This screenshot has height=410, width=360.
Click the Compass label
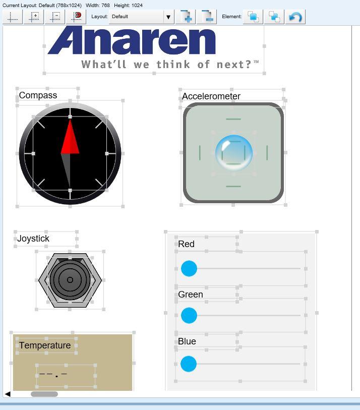pos(38,95)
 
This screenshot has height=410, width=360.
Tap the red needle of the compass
pos(70,137)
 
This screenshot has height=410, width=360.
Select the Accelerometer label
pos(211,96)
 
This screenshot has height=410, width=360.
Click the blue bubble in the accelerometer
pos(234,153)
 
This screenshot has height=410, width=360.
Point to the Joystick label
pos(33,239)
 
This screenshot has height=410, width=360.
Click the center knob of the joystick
pos(70,280)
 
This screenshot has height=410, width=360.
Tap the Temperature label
pos(45,345)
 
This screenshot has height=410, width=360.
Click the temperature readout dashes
pos(53,375)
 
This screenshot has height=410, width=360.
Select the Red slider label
pos(186,244)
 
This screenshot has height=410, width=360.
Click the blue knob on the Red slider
pos(189,268)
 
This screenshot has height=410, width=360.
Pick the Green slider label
pos(190,295)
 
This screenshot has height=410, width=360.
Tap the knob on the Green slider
pos(189,315)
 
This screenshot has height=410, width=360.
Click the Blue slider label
pos(187,341)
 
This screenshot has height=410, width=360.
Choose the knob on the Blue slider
pos(189,364)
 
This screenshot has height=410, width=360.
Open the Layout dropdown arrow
pos(168,17)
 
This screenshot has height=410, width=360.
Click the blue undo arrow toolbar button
pos(295,17)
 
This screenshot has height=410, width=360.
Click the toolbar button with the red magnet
pos(76,17)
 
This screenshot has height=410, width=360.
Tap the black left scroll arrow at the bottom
pos(8,394)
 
